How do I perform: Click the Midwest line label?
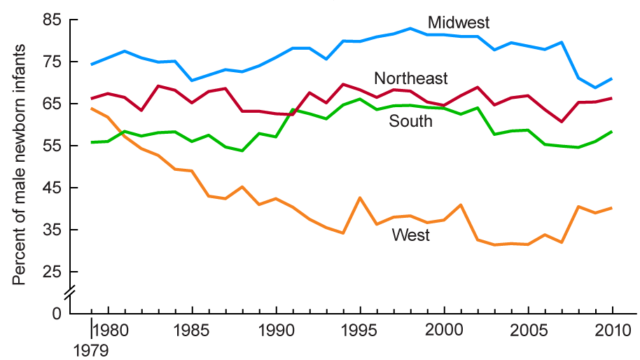[459, 22]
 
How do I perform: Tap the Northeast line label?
[411, 78]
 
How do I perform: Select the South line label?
[411, 122]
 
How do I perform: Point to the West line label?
[411, 235]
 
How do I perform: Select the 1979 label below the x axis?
[92, 347]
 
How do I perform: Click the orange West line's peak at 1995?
[361, 198]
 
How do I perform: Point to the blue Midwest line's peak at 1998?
[410, 29]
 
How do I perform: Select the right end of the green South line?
[613, 132]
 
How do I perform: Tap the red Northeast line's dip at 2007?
[562, 122]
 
